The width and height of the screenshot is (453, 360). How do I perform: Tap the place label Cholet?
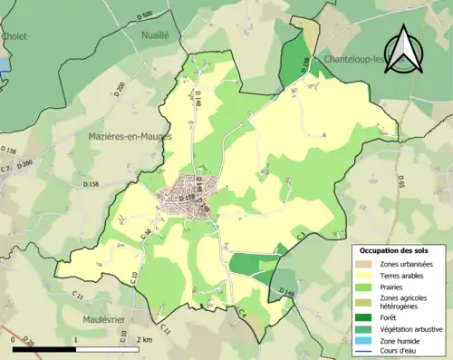click(x=14, y=36)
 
